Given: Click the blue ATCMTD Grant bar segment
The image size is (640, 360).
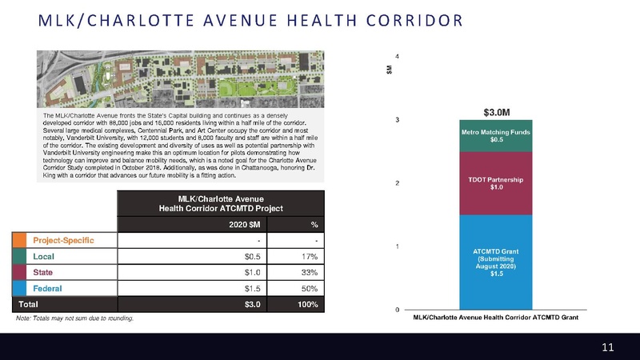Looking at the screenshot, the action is click(x=497, y=262).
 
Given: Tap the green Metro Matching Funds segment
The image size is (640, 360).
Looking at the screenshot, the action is click(x=497, y=135).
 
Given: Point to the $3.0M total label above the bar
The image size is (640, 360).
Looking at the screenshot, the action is click(x=497, y=110).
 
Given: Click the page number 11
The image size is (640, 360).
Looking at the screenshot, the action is click(x=607, y=346).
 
